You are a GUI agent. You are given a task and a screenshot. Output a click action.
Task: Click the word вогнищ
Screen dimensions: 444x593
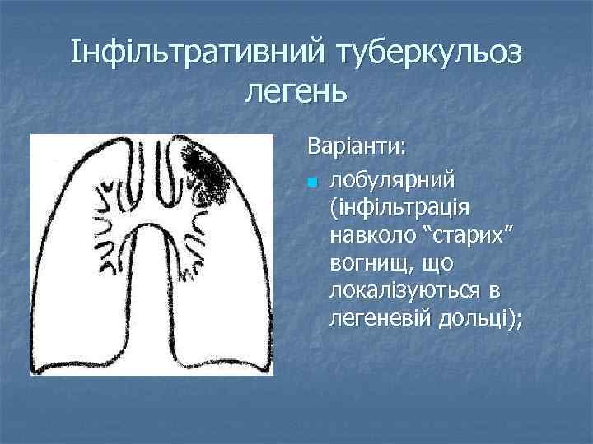click(369, 264)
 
